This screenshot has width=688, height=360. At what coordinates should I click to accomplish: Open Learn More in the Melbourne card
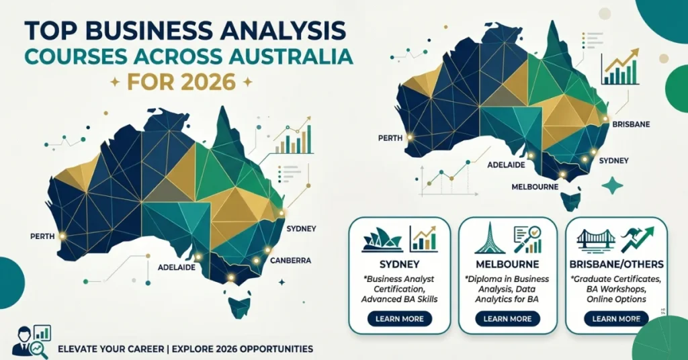pyautogui.click(x=507, y=318)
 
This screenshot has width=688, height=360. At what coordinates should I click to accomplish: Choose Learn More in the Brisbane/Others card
pyautogui.click(x=615, y=318)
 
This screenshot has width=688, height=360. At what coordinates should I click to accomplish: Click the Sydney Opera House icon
pyautogui.click(x=382, y=240)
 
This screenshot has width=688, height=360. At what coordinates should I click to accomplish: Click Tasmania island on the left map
pyautogui.click(x=239, y=307)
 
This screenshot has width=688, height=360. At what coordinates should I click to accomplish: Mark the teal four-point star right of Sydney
pyautogui.click(x=612, y=185)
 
